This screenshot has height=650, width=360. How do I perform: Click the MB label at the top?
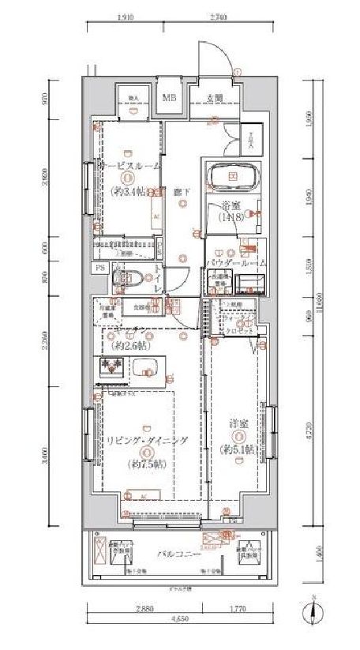click(x=169, y=98)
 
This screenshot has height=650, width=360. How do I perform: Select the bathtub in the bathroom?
click(x=233, y=176)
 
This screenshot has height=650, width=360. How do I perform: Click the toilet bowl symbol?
click(x=127, y=277)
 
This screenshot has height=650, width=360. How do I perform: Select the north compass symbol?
click(x=313, y=610)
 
